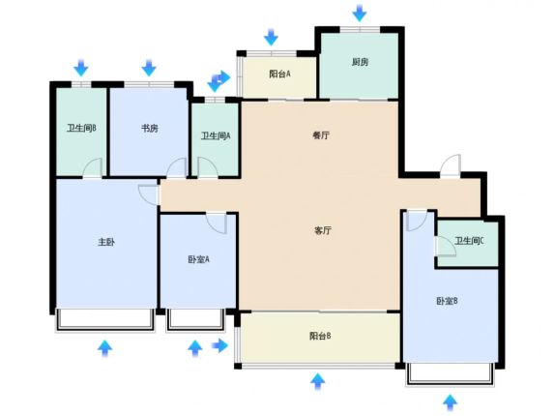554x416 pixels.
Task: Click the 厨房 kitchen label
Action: coord(360,62)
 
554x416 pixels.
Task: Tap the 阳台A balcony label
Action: coord(279,74)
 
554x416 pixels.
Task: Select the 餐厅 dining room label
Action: coord(321,135)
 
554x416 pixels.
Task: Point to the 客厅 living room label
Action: coord(323,231)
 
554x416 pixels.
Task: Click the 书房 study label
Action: coord(150,129)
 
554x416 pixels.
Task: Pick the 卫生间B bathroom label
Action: coord(81,128)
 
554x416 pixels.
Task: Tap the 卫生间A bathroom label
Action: coord(216,135)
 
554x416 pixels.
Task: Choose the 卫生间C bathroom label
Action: coord(469,242)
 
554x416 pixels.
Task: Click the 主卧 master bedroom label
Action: coord(106,242)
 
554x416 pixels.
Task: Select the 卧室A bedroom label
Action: coord(198,259)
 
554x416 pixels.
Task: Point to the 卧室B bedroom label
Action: coord(448,301)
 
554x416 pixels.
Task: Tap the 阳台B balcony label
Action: coord(320,336)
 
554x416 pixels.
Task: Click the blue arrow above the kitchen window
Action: coord(360,13)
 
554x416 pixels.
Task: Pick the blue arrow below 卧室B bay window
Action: coord(450,402)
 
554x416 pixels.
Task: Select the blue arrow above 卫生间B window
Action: coord(81,68)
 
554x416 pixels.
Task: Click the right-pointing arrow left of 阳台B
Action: coord(219,345)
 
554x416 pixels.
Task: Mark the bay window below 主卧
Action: coord(105,320)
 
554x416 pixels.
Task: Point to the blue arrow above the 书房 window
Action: coord(149,68)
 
